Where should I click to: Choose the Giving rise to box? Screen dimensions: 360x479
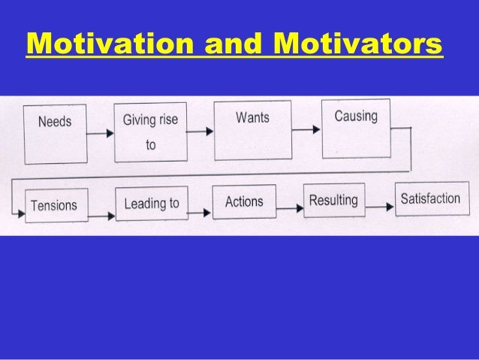pyautogui.click(x=150, y=132)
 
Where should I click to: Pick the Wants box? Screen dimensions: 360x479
pyautogui.click(x=252, y=129)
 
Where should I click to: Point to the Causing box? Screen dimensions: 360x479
pyautogui.click(x=356, y=128)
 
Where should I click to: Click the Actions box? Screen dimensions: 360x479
pyautogui.click(x=244, y=201)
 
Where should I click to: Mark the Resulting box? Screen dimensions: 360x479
pyautogui.click(x=333, y=201)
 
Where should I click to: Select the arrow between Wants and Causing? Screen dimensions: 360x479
pyautogui.click(x=306, y=130)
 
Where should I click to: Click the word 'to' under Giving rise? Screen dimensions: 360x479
pyautogui.click(x=151, y=145)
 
